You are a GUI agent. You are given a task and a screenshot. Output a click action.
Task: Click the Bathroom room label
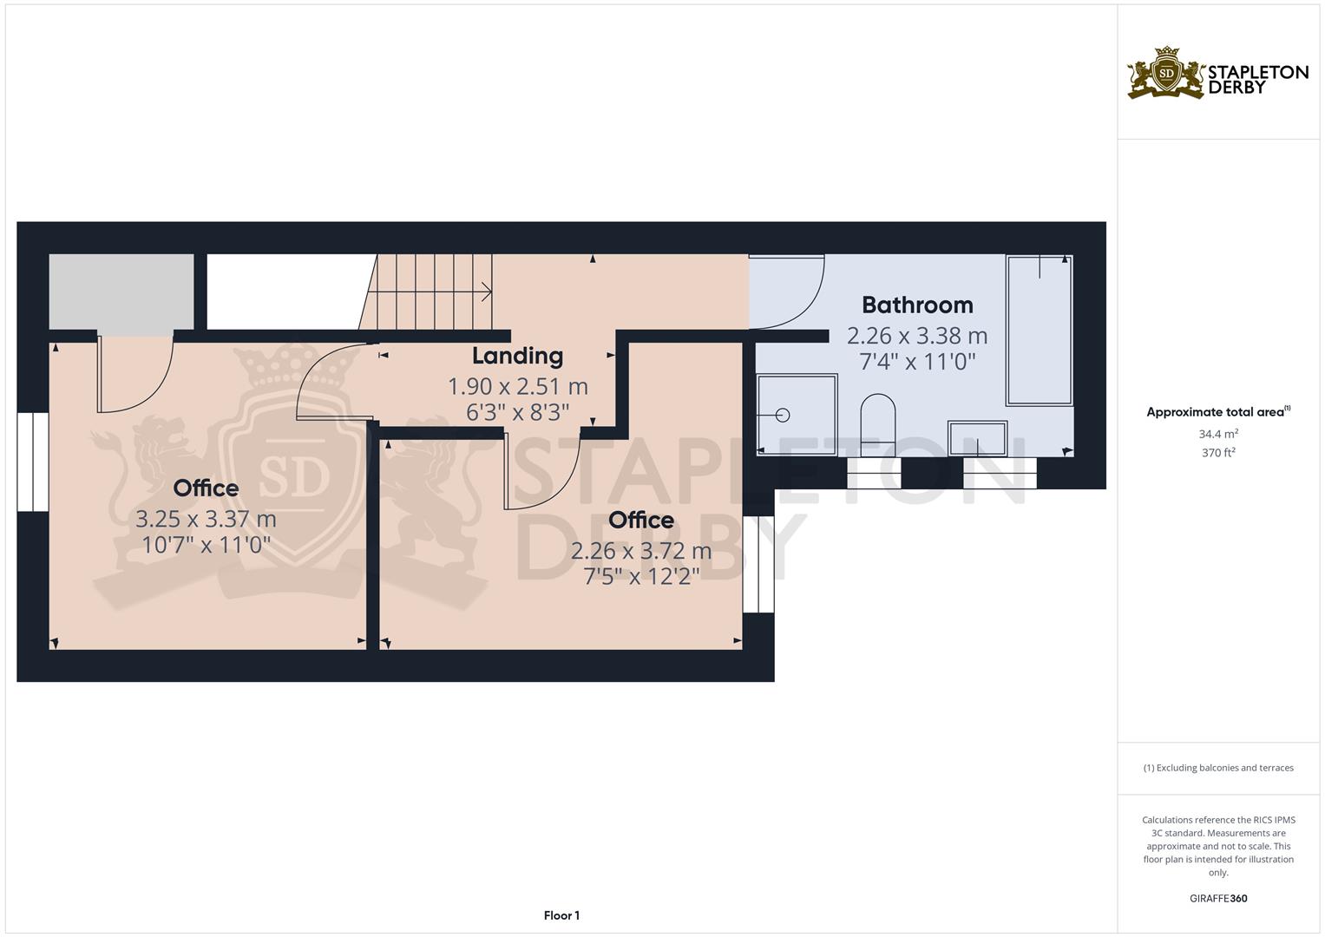coord(917,305)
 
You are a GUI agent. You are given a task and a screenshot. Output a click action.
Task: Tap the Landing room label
coord(517,356)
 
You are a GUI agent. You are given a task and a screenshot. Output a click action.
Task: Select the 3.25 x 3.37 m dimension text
coord(206,520)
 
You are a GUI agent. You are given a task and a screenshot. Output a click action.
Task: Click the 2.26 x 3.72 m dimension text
coord(641,551)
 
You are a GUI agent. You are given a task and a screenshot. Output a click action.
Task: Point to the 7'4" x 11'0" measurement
coord(917,361)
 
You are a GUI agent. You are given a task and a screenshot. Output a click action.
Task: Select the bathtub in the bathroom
coord(1039,331)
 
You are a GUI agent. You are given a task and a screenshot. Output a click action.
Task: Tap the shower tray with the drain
coord(797,415)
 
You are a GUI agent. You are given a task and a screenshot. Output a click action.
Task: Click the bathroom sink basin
coord(978,438)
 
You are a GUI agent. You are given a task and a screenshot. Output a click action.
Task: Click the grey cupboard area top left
coord(121,292)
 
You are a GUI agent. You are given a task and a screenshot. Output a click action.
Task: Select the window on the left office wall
coord(33,462)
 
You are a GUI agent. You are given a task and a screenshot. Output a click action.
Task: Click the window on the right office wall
coord(758,564)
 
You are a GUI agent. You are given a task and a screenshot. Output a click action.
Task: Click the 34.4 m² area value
coord(1218,433)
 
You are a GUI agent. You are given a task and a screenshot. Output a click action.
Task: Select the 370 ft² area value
coord(1218,452)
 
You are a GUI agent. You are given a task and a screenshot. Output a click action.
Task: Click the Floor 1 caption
coord(561,915)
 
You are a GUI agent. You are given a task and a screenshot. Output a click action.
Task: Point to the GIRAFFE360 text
coord(1218,898)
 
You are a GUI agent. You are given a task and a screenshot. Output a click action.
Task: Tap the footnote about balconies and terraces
coord(1218,768)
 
